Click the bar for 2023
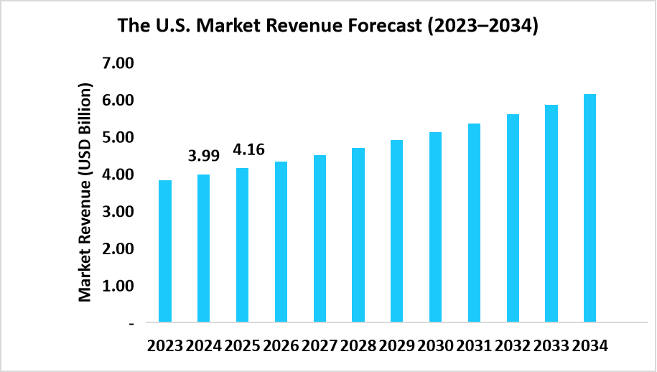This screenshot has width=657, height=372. click(165, 251)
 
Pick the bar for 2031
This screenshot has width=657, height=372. click(474, 223)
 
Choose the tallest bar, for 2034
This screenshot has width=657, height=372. click(590, 208)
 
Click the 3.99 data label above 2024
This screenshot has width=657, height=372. click(203, 156)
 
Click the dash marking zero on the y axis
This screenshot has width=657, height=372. click(131, 324)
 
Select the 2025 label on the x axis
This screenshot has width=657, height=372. click(243, 346)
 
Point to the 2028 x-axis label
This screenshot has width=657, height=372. click(358, 346)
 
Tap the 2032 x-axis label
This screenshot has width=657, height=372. click(512, 346)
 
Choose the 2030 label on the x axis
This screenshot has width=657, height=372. click(435, 346)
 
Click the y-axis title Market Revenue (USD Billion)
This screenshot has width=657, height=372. click(85, 192)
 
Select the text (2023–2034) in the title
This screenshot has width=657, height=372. click(483, 27)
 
